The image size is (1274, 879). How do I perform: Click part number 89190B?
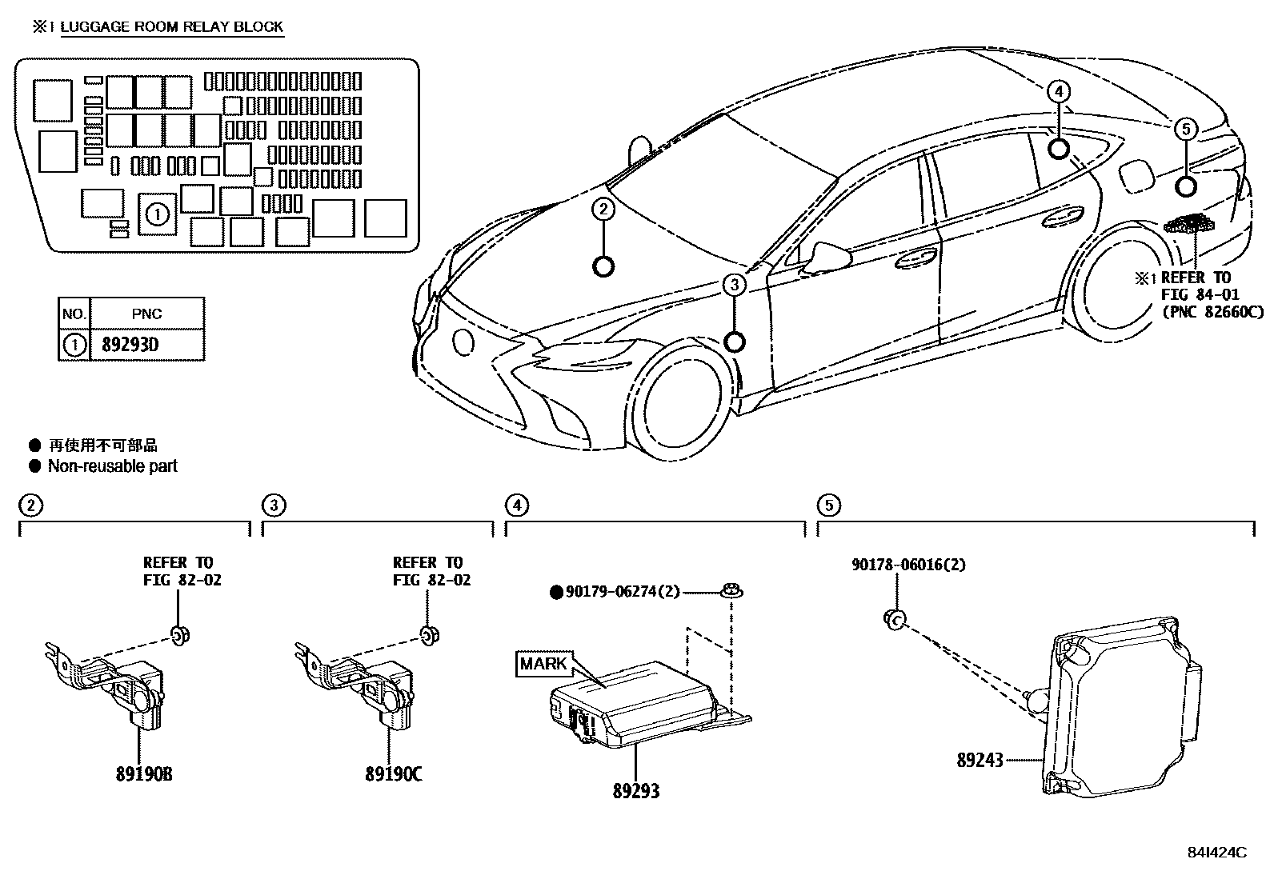(x=145, y=774)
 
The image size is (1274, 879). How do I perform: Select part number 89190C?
(x=394, y=774)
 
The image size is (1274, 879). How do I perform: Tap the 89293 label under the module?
(x=636, y=791)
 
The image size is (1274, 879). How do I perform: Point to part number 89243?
(x=980, y=760)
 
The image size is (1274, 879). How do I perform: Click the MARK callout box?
(x=543, y=664)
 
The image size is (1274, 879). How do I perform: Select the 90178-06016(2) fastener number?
(x=908, y=565)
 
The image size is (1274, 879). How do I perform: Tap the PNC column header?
(x=146, y=314)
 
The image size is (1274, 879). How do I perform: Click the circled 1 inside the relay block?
(x=158, y=214)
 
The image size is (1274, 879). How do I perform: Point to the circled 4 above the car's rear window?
(x=1058, y=93)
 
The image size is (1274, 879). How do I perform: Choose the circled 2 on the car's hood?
(x=603, y=210)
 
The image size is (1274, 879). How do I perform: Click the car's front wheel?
(x=685, y=404)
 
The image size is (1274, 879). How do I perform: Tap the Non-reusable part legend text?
(x=112, y=466)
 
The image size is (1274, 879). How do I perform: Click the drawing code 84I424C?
(x=1217, y=853)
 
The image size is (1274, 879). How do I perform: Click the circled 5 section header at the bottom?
(x=828, y=505)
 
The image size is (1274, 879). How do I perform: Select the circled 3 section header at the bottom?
(x=274, y=505)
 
